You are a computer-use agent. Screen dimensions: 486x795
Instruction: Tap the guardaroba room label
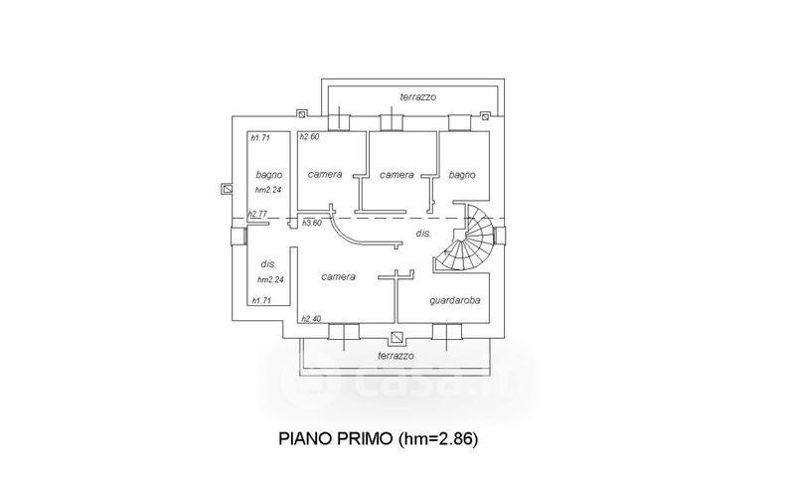pos(456,300)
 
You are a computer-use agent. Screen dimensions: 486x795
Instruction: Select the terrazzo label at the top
pos(418,96)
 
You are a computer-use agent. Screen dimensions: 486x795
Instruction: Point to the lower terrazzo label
pos(396,355)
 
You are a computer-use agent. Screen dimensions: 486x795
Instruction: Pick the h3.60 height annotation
pos(312,223)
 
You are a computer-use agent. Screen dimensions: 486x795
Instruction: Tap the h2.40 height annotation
pos(309,318)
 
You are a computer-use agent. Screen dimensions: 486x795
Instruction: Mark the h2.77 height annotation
pos(258,214)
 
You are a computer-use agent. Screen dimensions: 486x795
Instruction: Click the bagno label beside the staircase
pos(462,174)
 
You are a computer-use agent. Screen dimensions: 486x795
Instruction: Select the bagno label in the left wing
pos(268,174)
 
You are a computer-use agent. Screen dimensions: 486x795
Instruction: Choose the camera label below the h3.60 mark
pos(339,276)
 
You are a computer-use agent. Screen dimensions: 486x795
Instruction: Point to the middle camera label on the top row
pos(397,174)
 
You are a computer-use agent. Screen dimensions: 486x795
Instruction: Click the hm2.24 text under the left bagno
pos(269,189)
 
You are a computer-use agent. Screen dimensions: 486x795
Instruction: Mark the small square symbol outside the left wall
pos(228,188)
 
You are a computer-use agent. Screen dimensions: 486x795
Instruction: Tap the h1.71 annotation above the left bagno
pos(261,138)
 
